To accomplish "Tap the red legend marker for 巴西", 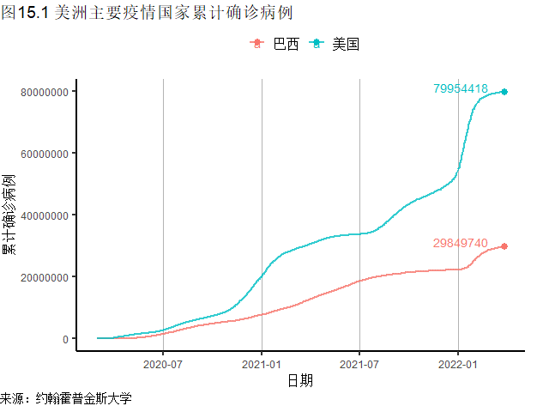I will pos(256,45).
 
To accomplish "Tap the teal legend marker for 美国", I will pos(316,45).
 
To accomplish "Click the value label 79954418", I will pos(461,88).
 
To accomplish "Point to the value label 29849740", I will pos(461,243).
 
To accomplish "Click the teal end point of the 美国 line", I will pos(504,91).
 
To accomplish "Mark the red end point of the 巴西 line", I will pos(504,246).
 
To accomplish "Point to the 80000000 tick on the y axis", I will pos(40,92).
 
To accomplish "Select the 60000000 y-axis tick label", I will pos(40,154).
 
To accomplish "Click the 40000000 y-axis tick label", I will pos(40,215).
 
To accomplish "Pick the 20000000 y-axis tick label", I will pos(40,277).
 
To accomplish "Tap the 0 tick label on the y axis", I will pos(65,339).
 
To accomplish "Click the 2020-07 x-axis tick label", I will pos(163,364).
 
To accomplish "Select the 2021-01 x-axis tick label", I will pos(262,364).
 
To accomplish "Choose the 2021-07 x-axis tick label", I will pos(359,364).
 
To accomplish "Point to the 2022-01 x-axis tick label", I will pos(458,364).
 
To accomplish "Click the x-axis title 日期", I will pos(299,380).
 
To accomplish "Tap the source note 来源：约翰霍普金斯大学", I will pos(66,399).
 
